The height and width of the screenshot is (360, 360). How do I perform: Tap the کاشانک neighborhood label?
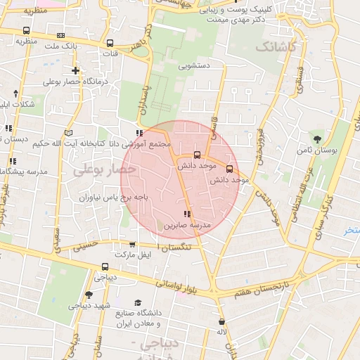coord(277,47)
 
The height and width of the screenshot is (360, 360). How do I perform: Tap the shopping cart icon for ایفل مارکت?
coord(132,244)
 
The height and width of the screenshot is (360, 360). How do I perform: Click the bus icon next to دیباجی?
coord(105,266)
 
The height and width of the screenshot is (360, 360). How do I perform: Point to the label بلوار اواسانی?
coord(179,285)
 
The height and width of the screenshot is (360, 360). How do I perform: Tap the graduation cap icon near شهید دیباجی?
coord(89,295)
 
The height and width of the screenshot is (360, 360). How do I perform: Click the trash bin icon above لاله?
coord(221,321)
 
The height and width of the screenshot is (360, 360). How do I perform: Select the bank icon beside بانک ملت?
coord(60,35)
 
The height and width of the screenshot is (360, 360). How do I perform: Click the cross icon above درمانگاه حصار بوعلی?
coord(75,70)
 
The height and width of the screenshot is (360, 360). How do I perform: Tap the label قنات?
coord(110,53)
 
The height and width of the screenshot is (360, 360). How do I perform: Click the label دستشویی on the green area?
coord(195,67)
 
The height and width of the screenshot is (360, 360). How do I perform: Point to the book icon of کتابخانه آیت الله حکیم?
coord(68,132)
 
